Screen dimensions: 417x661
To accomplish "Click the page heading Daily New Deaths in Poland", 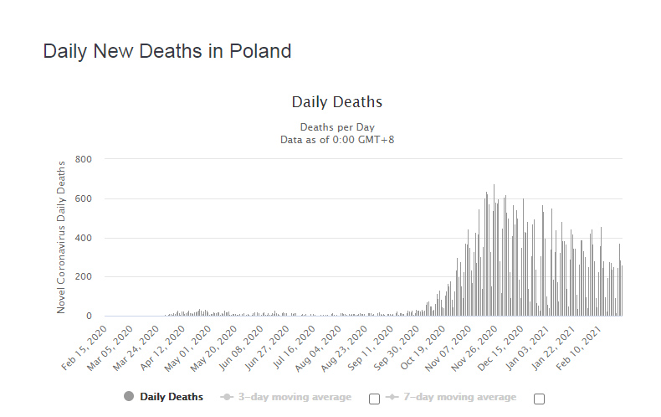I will tap(167, 51).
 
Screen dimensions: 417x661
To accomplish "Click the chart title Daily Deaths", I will tap(336, 102).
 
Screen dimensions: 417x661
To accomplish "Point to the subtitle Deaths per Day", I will tap(336, 126).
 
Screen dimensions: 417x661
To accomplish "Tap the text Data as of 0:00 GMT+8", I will tap(336, 139).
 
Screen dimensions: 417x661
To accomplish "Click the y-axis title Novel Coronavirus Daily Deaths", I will tap(61, 237).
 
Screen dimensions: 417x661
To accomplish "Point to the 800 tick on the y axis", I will tap(83, 159).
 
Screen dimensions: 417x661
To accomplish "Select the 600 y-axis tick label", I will tap(83, 198).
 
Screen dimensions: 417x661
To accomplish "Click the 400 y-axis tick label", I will tap(83, 238).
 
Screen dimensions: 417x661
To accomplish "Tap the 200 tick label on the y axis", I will tap(83, 277).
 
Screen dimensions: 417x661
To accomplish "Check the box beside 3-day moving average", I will tap(374, 399).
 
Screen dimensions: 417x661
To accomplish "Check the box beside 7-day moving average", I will tap(539, 399).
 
